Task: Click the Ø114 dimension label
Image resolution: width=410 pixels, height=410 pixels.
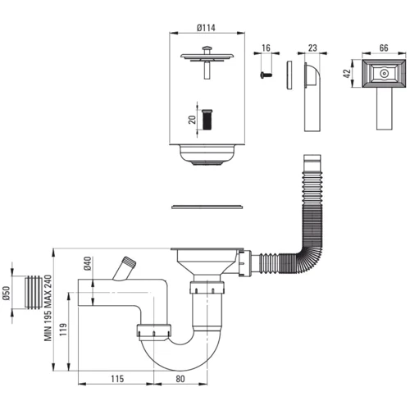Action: pyautogui.click(x=206, y=28)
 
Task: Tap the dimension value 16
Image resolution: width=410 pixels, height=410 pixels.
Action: pyautogui.click(x=266, y=48)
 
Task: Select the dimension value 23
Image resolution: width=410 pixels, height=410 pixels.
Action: pyautogui.click(x=312, y=48)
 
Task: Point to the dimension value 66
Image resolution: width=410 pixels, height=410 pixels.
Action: pyautogui.click(x=384, y=48)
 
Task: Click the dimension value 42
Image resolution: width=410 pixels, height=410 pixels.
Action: pyautogui.click(x=347, y=73)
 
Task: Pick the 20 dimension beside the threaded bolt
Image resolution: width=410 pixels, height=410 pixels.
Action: pyautogui.click(x=193, y=120)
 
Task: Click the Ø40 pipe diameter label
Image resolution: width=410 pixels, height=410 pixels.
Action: pyautogui.click(x=88, y=263)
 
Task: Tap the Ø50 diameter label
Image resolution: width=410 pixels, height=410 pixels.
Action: pyautogui.click(x=6, y=293)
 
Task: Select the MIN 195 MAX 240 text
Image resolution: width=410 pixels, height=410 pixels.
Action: pyautogui.click(x=48, y=308)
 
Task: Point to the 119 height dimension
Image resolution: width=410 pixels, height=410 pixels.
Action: pyautogui.click(x=63, y=330)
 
